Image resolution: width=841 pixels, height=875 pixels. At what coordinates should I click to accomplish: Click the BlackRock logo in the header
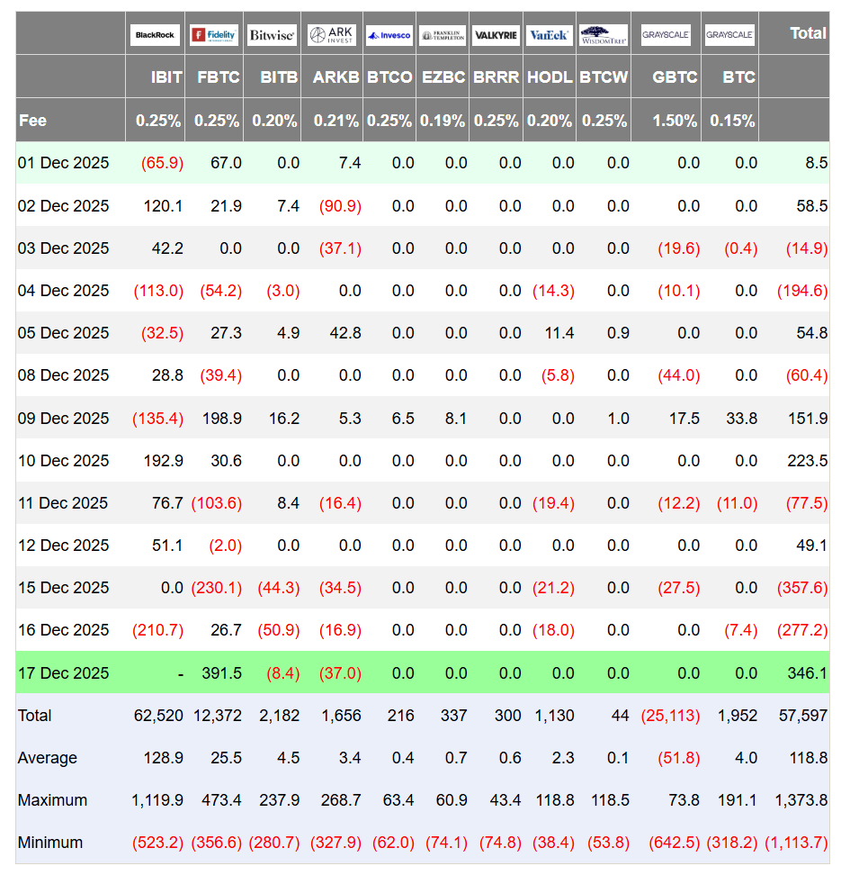[155, 34]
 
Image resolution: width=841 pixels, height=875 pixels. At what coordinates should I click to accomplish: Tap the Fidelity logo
[214, 34]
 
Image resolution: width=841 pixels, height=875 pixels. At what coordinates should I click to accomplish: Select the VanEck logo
[550, 34]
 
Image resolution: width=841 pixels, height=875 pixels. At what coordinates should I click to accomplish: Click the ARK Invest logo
[332, 34]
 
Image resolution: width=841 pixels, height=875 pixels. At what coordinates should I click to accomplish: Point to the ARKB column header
[336, 77]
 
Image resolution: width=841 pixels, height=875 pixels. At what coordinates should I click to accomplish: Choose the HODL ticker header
[550, 77]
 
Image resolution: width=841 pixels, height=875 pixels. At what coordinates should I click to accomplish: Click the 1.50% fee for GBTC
[675, 121]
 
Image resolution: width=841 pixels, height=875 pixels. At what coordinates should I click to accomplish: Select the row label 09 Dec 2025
[63, 418]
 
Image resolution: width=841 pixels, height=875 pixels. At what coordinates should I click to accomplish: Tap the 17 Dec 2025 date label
[63, 673]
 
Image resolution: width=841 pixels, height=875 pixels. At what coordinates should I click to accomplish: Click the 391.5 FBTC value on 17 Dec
[221, 673]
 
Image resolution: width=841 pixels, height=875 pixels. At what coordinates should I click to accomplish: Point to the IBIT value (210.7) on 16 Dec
[157, 630]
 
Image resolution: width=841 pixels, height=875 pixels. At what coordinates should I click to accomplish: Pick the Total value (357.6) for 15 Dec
[802, 588]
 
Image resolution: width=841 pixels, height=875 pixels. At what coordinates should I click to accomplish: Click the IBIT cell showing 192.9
[163, 460]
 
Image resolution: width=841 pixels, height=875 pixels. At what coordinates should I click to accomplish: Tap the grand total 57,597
[803, 716]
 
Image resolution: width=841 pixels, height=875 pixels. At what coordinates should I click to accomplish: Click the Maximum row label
[52, 800]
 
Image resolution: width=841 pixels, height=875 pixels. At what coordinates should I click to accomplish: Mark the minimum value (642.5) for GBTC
[675, 843]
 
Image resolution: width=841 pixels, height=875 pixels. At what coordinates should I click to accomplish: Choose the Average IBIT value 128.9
[163, 758]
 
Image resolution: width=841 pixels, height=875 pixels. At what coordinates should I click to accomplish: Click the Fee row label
[33, 121]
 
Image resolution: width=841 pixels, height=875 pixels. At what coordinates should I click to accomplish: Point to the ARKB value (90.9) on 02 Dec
[340, 206]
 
